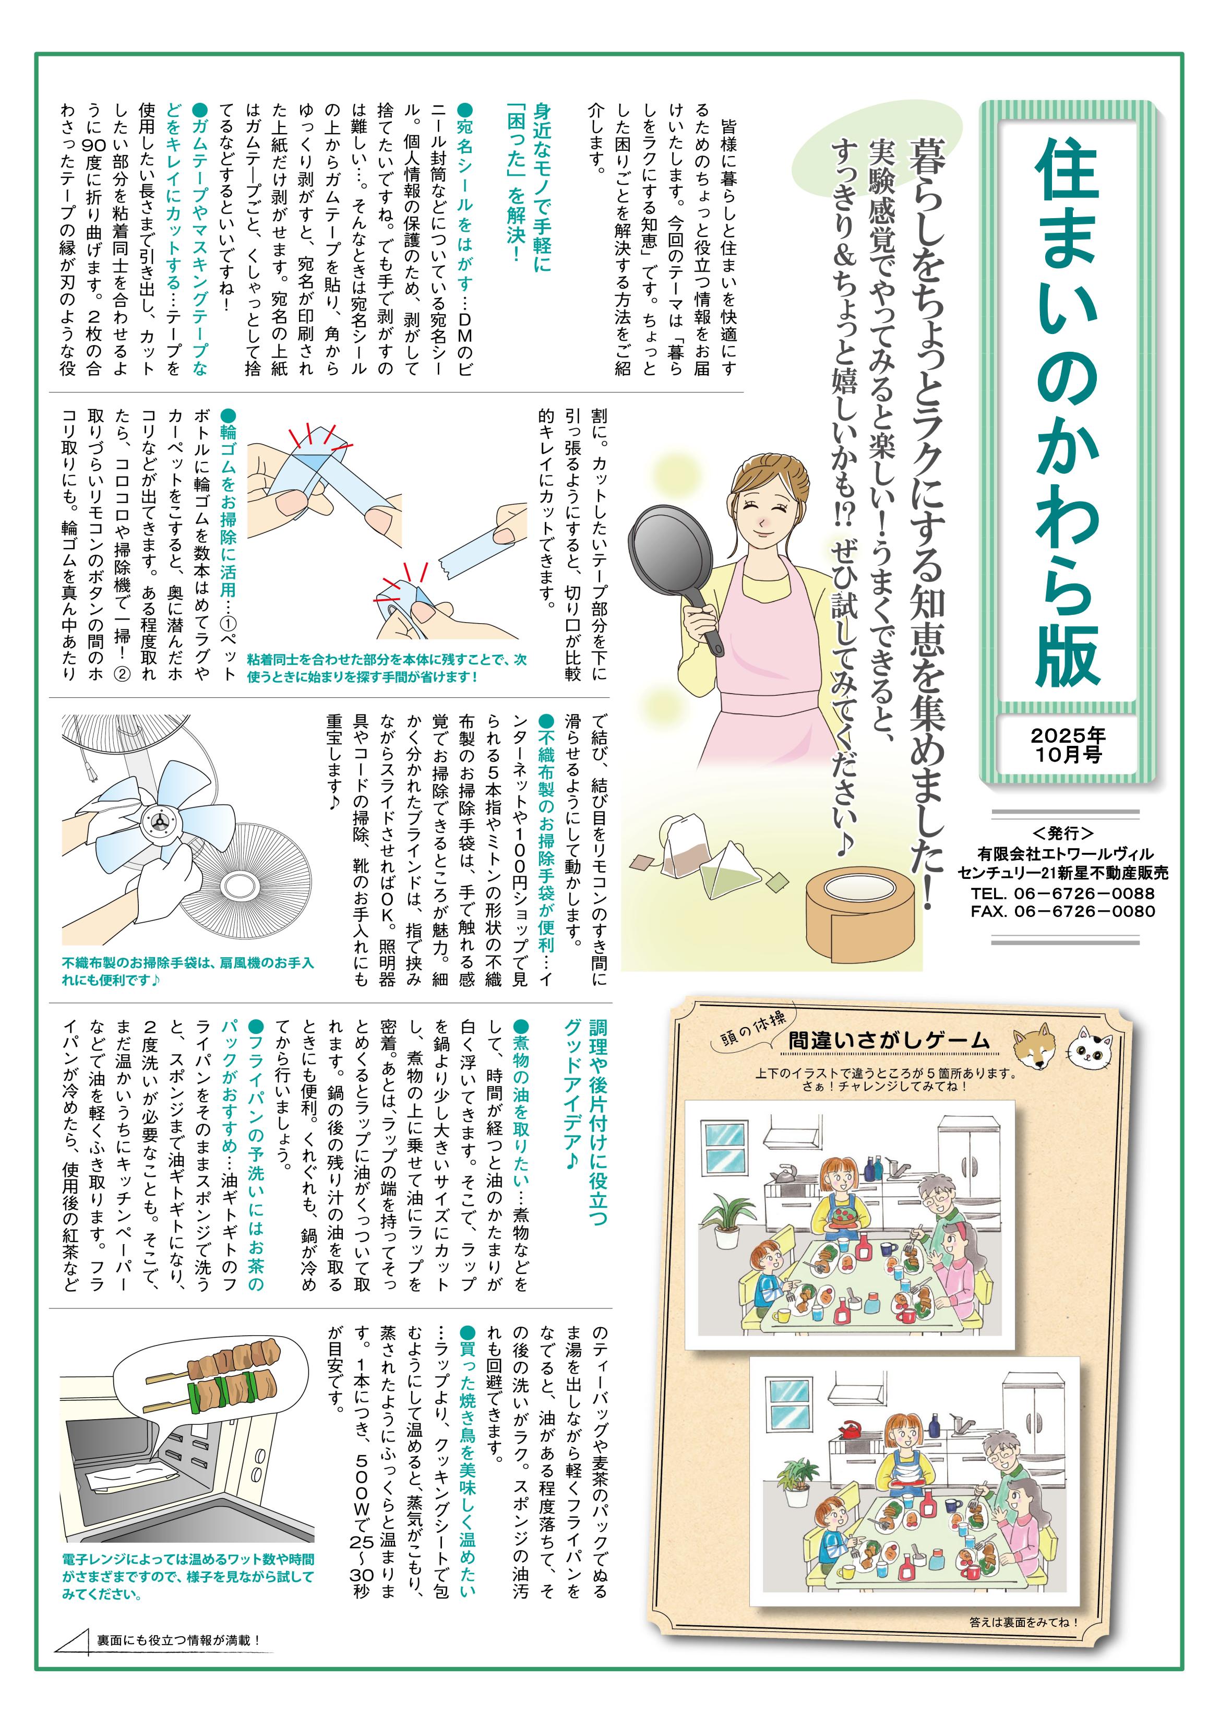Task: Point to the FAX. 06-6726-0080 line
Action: pos(1062,911)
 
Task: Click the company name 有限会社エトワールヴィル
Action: pos(1065,854)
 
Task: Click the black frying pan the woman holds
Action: pos(674,572)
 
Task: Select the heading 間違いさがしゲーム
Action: pos(889,1040)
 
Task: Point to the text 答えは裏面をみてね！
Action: pos(1024,1622)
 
